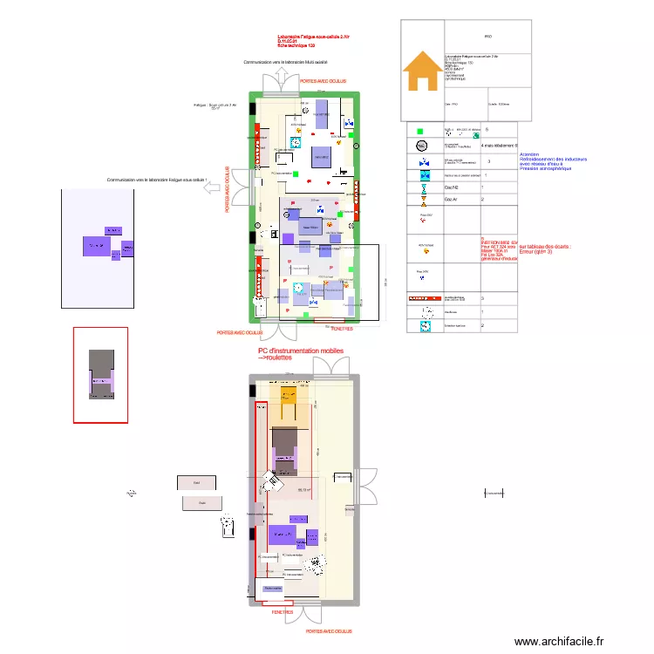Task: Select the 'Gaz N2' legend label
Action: [453, 187]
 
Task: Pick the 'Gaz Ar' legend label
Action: [452, 200]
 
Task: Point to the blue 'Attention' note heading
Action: [528, 153]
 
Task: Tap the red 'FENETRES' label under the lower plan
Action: [283, 613]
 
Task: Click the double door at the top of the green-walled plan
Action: [286, 83]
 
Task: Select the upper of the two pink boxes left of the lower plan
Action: [197, 481]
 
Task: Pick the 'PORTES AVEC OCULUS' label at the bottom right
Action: [330, 630]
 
